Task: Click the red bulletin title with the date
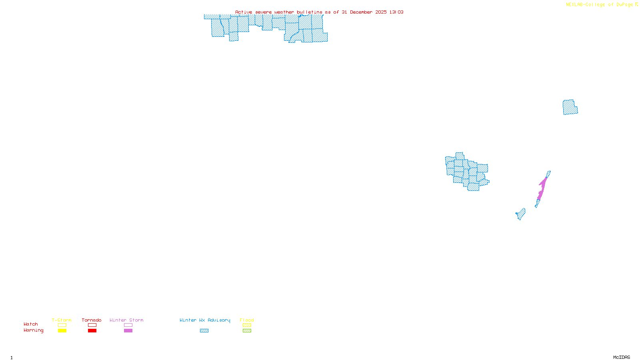click(x=319, y=12)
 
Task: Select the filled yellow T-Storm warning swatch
click(x=62, y=331)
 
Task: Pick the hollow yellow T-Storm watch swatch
click(x=62, y=325)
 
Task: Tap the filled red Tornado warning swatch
click(x=92, y=331)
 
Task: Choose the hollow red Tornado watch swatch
click(x=92, y=325)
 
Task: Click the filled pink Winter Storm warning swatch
click(x=128, y=331)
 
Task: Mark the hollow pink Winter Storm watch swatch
click(x=128, y=325)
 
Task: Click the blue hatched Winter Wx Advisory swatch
click(x=204, y=331)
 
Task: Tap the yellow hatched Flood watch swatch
click(x=247, y=325)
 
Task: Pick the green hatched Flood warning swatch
click(x=247, y=331)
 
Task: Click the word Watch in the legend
click(x=31, y=324)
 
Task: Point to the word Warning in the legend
click(x=34, y=330)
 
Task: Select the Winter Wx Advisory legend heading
click(x=205, y=320)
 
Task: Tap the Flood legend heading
click(x=247, y=320)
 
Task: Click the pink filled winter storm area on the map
click(x=542, y=188)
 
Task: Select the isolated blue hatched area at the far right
click(x=570, y=107)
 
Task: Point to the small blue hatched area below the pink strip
click(x=521, y=214)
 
